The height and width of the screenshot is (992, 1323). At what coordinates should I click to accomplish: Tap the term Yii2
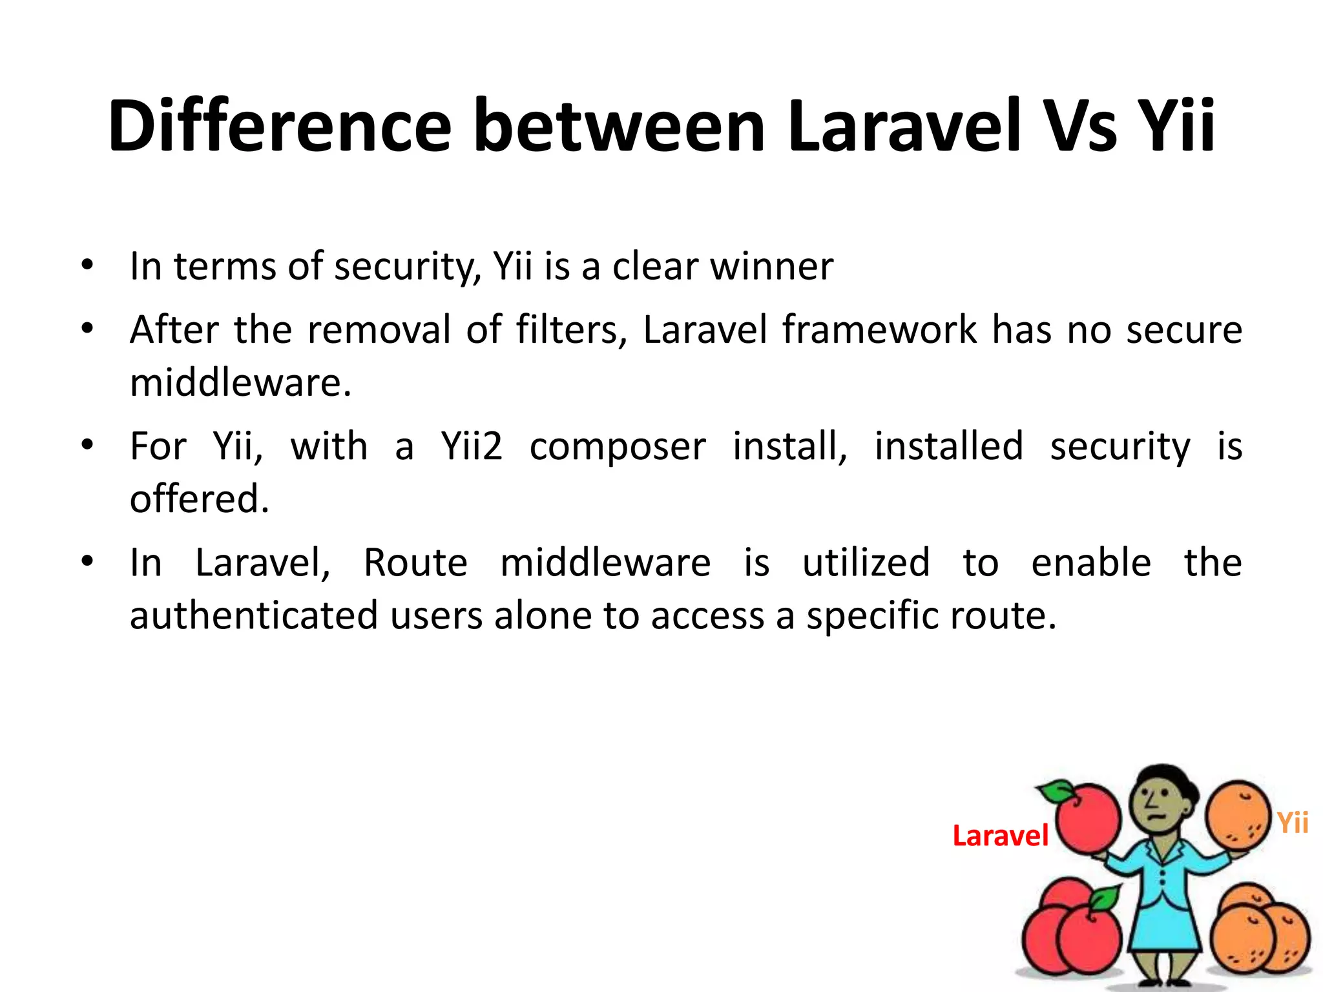pos(472,446)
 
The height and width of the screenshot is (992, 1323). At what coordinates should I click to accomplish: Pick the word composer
pos(618,448)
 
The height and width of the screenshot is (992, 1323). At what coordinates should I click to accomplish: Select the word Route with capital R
pos(415,563)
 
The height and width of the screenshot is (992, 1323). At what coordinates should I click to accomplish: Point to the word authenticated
pos(253,615)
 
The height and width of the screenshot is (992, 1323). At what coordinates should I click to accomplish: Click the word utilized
pos(866,563)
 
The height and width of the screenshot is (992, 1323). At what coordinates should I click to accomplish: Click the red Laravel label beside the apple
pos(1000,836)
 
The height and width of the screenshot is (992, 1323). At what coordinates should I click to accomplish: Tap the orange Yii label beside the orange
pos(1293,823)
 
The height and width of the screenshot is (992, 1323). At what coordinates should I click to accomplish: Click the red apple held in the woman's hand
pos(1088,819)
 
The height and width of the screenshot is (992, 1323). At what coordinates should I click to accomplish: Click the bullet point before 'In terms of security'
pos(88,265)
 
